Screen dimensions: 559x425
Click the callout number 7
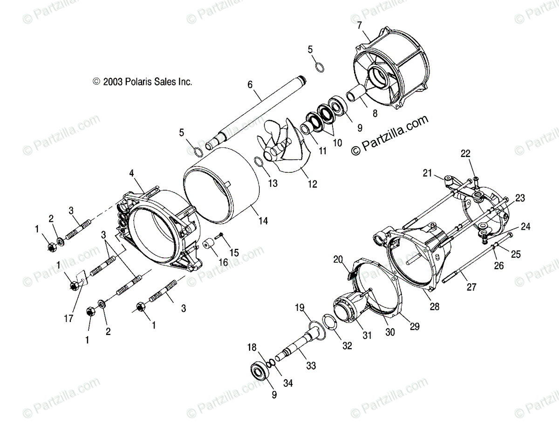pyautogui.click(x=359, y=26)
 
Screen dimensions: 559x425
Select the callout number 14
pyautogui.click(x=263, y=221)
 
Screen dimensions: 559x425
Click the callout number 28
pyautogui.click(x=435, y=307)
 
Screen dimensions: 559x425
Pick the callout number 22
pyautogui.click(x=466, y=153)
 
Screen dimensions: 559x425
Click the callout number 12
pyautogui.click(x=312, y=184)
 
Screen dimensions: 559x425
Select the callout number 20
pyautogui.click(x=338, y=260)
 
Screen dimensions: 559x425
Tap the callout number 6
pyautogui.click(x=250, y=85)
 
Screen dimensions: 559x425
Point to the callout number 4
pyautogui.click(x=132, y=173)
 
